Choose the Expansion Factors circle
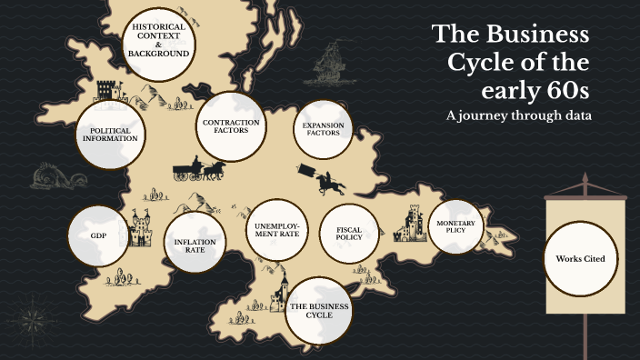(323, 128)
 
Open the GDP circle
(99, 235)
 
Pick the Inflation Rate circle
(195, 243)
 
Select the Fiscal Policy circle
(349, 233)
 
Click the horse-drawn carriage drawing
(199, 170)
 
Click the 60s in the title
(565, 91)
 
